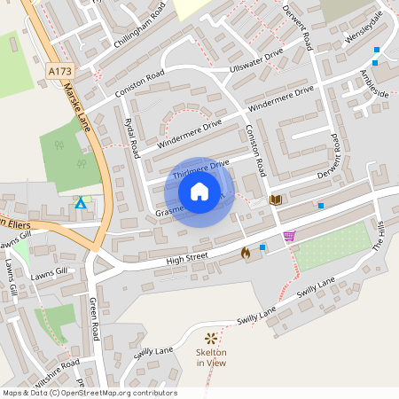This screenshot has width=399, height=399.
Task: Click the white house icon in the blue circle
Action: click(199, 192)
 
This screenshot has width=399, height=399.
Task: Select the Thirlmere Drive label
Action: click(200, 168)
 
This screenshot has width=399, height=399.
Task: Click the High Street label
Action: click(186, 258)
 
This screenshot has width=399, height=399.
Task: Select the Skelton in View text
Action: click(211, 357)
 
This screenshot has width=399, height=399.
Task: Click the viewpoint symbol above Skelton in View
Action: click(211, 338)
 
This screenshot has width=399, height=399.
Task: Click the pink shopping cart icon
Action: click(289, 236)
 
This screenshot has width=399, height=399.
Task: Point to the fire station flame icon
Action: click(246, 253)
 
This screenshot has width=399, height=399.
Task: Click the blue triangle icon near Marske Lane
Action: click(81, 203)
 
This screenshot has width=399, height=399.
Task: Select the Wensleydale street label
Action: click(364, 30)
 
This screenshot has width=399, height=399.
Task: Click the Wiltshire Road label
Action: click(55, 368)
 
